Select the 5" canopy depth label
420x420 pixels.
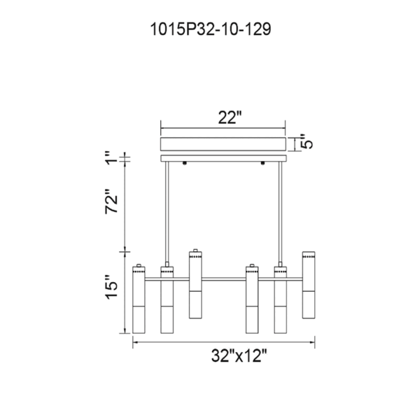(x=305, y=143)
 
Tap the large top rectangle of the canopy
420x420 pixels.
(x=223, y=143)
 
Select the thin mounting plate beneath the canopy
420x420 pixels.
(x=223, y=160)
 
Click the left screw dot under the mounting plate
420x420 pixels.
(x=184, y=165)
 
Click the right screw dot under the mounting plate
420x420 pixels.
(x=263, y=165)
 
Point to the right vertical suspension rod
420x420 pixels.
(x=281, y=210)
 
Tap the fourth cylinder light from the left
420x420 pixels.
(x=252, y=297)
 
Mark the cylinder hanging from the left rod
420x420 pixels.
(x=167, y=297)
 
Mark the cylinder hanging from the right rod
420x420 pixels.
(x=281, y=297)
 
